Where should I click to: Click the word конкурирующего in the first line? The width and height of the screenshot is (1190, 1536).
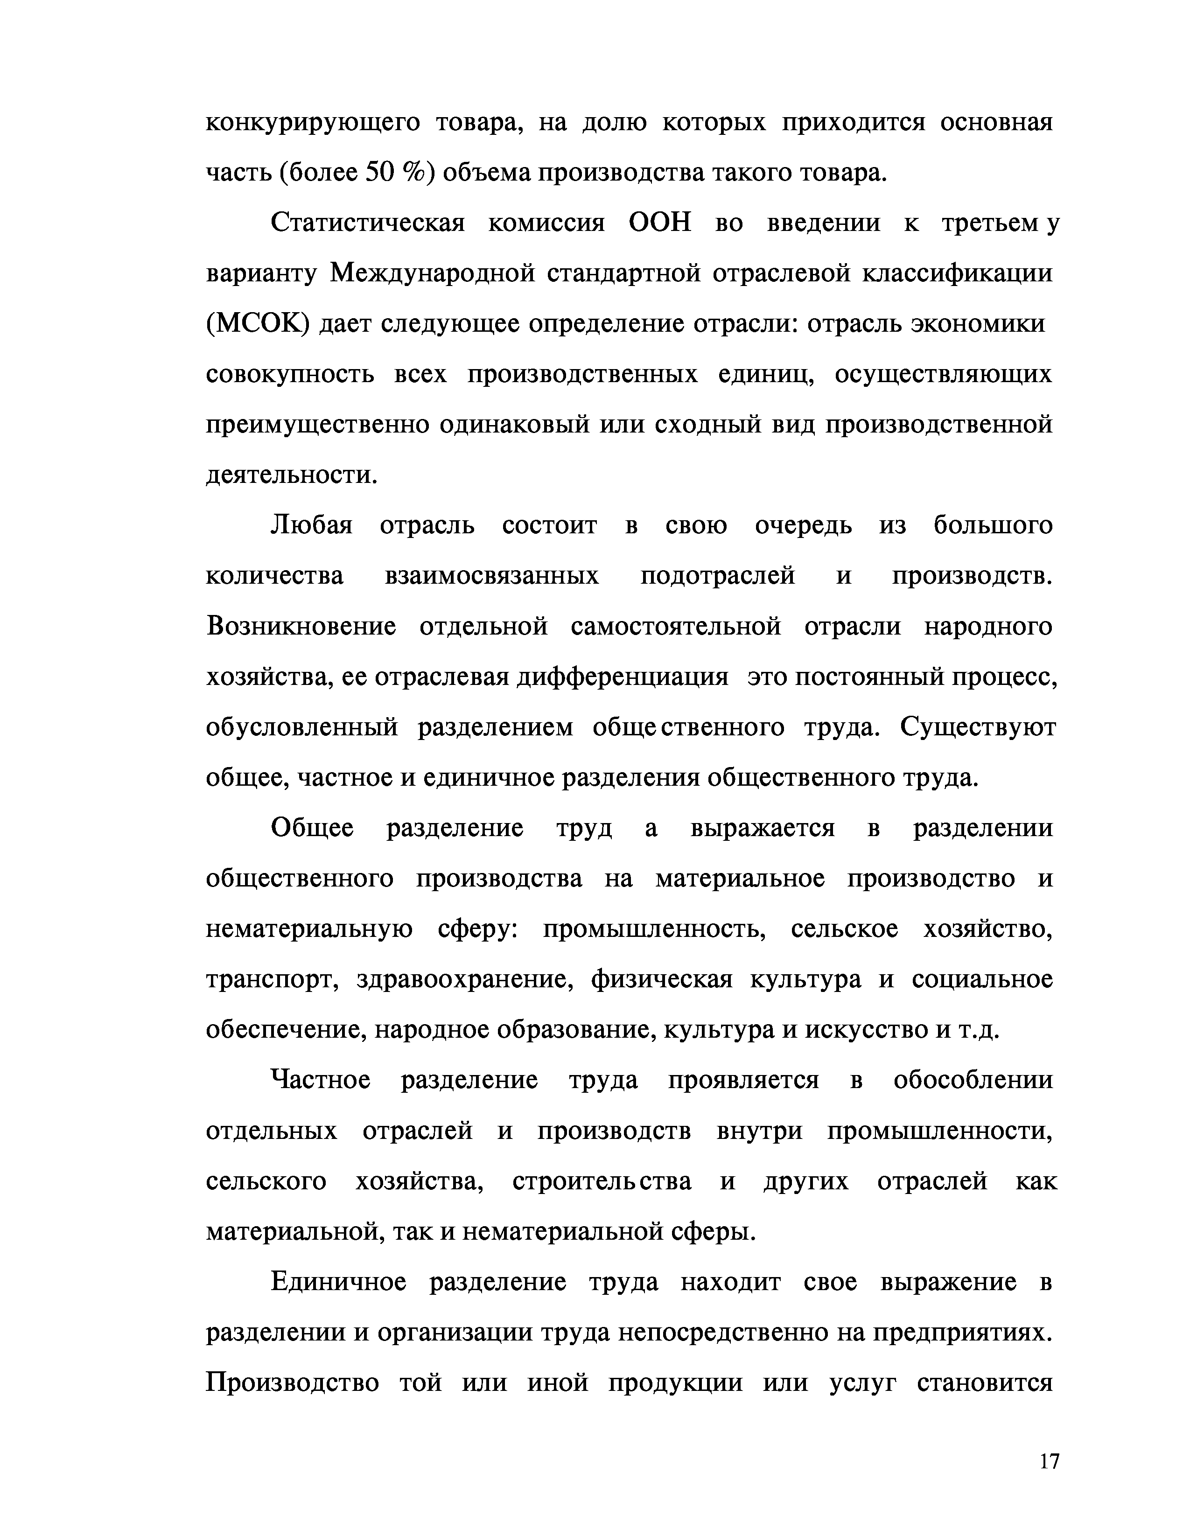[312, 123]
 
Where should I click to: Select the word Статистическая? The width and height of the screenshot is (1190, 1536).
[367, 223]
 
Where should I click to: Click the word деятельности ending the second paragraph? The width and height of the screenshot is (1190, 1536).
[291, 475]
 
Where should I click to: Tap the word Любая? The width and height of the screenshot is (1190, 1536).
[312, 525]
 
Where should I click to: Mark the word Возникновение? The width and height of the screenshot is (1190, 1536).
[301, 627]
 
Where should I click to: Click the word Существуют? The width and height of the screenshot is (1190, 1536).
[978, 727]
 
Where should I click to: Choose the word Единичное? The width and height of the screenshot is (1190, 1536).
[338, 1282]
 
